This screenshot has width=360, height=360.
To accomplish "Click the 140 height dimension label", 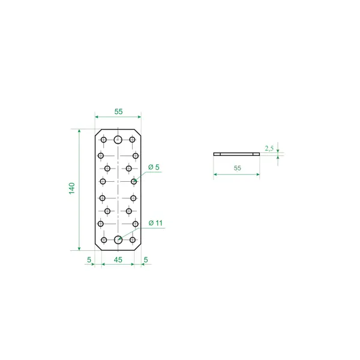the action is (72, 188).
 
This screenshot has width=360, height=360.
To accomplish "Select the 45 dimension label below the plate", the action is (118, 260).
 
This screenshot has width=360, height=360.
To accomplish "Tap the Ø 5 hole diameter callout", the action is (154, 167).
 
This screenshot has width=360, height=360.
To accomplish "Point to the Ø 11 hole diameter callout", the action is (155, 223).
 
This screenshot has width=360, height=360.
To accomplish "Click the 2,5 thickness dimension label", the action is (269, 149).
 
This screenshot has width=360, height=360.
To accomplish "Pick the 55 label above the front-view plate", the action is (118, 112).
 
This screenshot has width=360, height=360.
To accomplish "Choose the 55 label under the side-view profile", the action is (238, 168).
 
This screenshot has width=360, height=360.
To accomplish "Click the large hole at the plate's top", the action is (118, 139).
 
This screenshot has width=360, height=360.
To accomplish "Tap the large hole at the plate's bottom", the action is (118, 239).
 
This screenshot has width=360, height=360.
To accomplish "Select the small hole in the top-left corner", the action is (104, 140).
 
